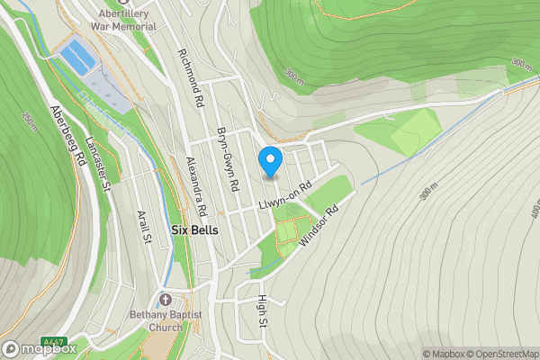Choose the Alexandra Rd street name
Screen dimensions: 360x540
click(x=196, y=185)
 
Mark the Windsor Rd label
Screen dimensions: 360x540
click(x=319, y=225)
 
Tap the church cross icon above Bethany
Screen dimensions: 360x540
click(x=165, y=299)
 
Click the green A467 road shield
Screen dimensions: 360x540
click(x=54, y=343)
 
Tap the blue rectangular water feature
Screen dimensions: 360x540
click(x=77, y=57)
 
